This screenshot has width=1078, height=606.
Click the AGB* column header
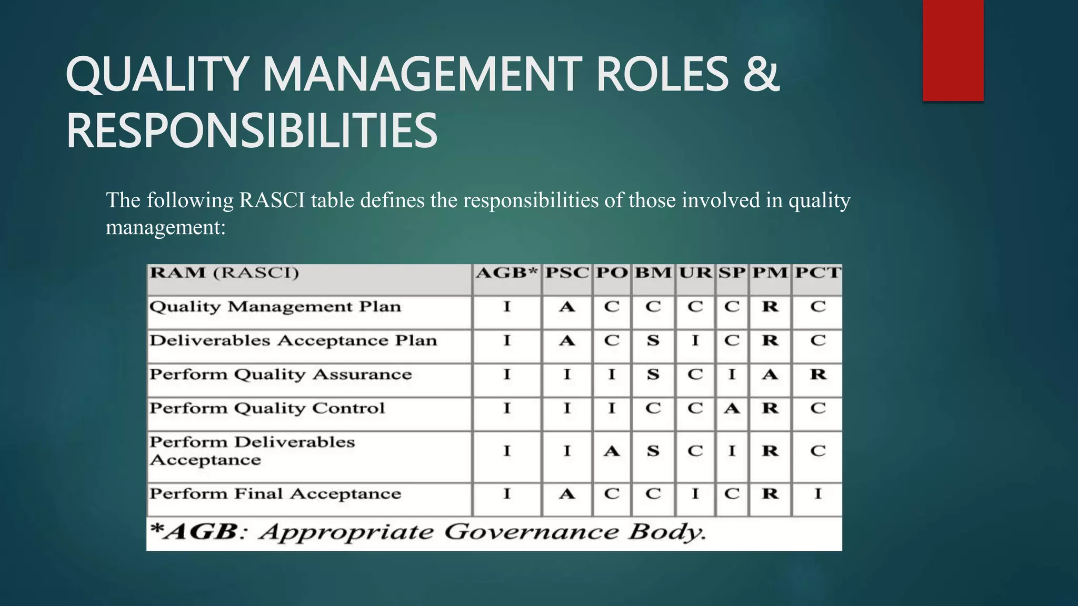coord(506,273)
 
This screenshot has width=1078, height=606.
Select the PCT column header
coord(817,273)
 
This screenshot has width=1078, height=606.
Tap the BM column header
coord(653,273)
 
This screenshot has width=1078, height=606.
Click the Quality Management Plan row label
coord(275,307)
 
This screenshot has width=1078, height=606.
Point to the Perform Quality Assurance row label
coord(281,375)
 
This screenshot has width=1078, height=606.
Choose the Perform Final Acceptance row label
coord(275,494)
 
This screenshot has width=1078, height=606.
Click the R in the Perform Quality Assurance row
coord(818,375)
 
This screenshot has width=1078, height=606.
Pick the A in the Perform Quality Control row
coord(732,408)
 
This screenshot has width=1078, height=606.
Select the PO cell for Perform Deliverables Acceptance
coord(611,451)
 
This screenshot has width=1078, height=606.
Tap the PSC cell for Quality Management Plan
coord(566,307)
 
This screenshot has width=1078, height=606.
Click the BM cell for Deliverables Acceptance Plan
coord(653,340)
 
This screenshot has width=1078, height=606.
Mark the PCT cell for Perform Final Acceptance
coord(817,494)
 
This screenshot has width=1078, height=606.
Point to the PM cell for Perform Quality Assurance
coord(770,375)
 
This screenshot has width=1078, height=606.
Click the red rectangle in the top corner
coord(953,50)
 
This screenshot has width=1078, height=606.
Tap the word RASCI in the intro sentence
coord(272,200)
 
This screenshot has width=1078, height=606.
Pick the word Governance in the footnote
coord(532,532)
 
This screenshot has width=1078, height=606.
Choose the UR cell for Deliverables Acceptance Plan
coord(695,340)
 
